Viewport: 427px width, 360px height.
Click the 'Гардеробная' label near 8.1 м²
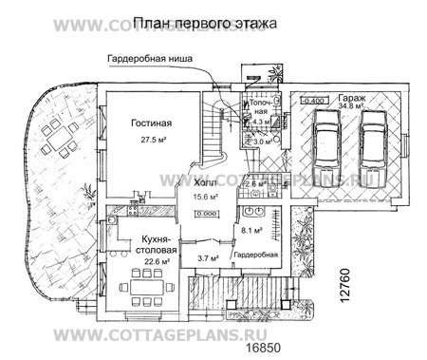(255, 256)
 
